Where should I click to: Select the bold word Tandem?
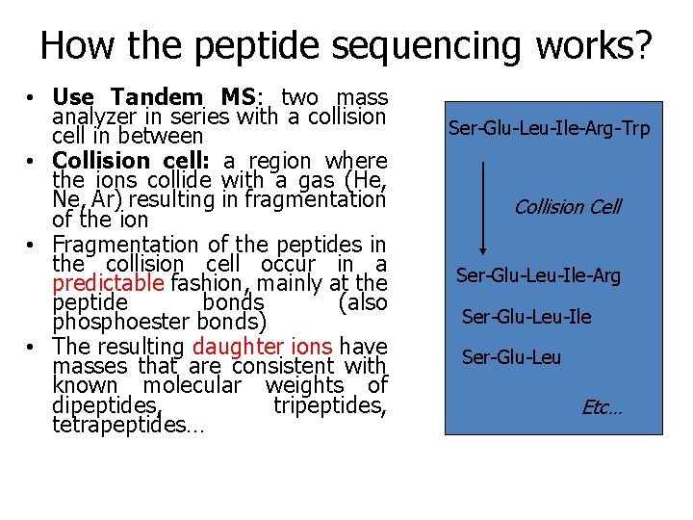(x=157, y=97)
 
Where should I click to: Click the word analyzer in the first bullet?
(x=94, y=117)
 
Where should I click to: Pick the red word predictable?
(x=108, y=283)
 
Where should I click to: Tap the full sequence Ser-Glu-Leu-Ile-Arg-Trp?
(x=549, y=128)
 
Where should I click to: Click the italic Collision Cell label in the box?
(x=567, y=206)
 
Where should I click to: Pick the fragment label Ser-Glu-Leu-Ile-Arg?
(x=538, y=276)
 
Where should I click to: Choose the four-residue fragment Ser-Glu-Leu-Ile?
(x=526, y=317)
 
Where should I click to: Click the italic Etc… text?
(x=602, y=407)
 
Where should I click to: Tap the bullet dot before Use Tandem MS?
(x=32, y=98)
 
